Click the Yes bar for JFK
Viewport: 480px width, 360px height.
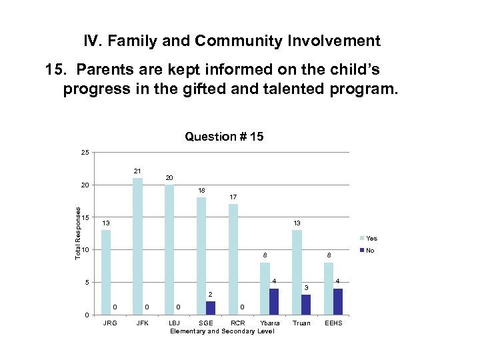[x=137, y=246]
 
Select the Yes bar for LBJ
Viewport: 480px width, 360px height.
[x=169, y=249]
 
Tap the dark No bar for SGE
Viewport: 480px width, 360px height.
[x=211, y=307]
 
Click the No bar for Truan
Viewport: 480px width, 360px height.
[x=306, y=304]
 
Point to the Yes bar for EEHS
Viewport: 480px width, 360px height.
[x=329, y=288]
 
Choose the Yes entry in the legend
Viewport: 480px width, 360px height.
[x=368, y=238]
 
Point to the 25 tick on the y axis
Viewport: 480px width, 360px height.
[x=85, y=153]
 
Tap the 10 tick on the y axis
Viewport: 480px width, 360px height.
[x=85, y=250]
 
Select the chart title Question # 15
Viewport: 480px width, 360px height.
[x=224, y=137]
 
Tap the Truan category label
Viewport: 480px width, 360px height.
[x=302, y=323]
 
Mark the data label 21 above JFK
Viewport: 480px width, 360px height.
[x=137, y=171]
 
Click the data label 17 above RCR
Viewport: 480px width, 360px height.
[x=233, y=197]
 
